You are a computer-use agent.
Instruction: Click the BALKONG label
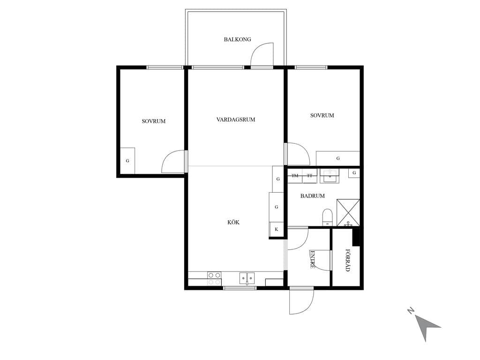point(237,39)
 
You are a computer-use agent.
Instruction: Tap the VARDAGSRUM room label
point(236,120)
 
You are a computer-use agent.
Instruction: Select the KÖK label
point(233,222)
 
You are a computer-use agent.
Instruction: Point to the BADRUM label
point(312,196)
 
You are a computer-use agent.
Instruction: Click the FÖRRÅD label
point(348,260)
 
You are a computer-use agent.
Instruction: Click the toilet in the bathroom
point(327,217)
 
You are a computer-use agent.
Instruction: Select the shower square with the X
point(348,212)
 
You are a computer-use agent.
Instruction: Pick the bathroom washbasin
point(330,176)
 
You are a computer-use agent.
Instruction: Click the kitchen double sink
point(247,278)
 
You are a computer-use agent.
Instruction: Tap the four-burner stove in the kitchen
point(214,278)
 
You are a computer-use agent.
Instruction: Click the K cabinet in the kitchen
point(277,229)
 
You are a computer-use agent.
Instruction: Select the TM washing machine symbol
point(295,176)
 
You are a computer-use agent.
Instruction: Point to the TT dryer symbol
point(309,176)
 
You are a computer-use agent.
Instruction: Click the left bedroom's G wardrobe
point(127,161)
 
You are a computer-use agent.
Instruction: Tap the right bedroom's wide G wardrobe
point(338,158)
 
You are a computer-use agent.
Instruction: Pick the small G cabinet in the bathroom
point(354,173)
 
